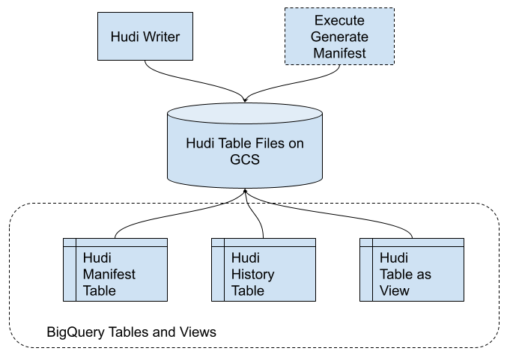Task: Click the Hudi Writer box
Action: [x=145, y=36]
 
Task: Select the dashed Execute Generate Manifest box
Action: [x=339, y=36]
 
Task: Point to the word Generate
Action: [x=339, y=36]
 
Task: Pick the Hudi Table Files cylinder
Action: [x=245, y=150]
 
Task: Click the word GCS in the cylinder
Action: [x=245, y=159]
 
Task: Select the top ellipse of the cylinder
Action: [x=245, y=114]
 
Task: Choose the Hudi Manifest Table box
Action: [x=115, y=269]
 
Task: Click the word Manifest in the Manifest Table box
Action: [x=109, y=275]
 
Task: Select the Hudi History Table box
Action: [x=263, y=269]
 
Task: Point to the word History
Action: [x=253, y=275]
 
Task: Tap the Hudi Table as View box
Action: [x=411, y=269]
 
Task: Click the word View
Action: [x=395, y=290]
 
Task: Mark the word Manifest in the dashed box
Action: [x=339, y=53]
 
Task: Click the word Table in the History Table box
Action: [x=248, y=290]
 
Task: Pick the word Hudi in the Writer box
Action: [x=124, y=36]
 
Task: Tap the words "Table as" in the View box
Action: [x=406, y=275]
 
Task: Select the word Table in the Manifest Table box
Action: [x=100, y=290]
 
